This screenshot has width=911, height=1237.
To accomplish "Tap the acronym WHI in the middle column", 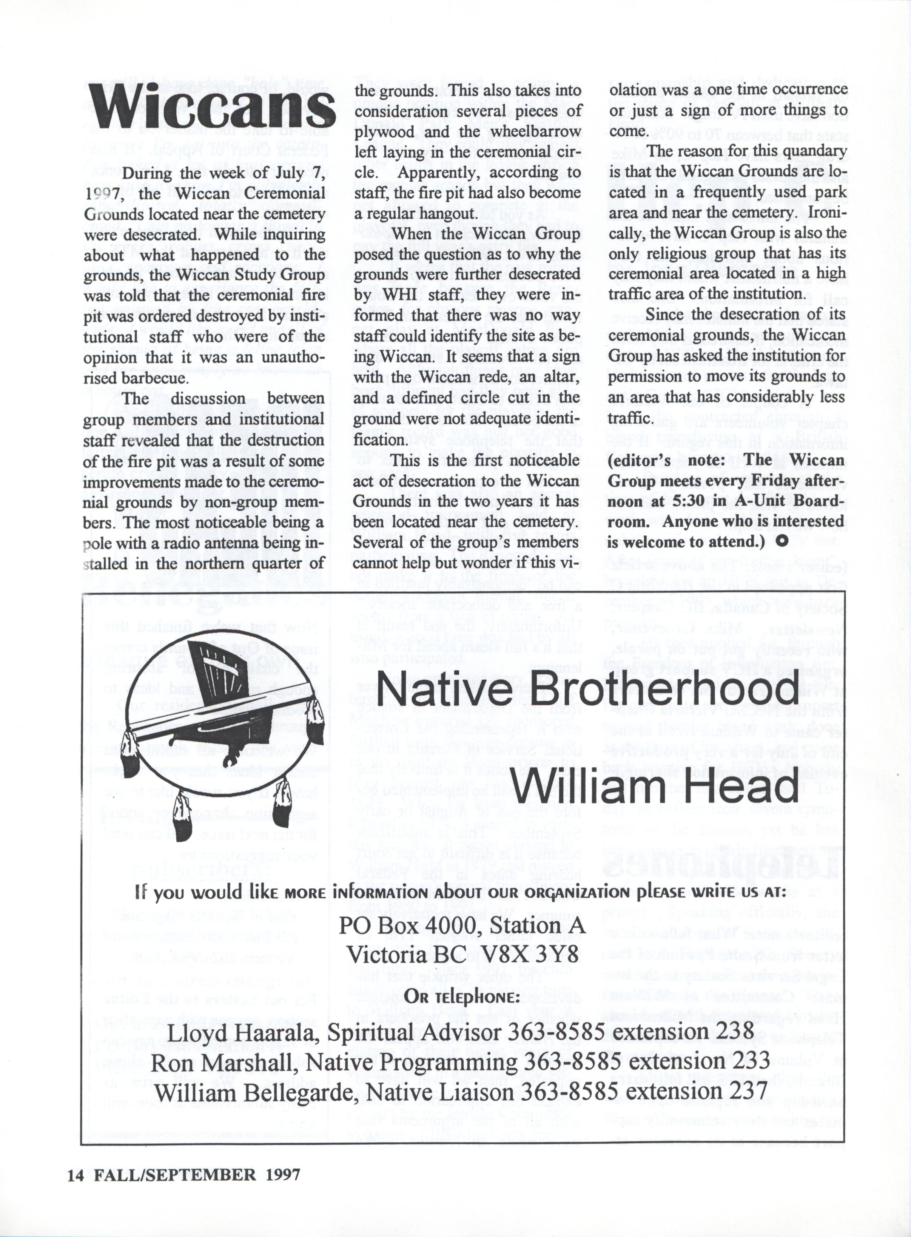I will [x=389, y=295].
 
